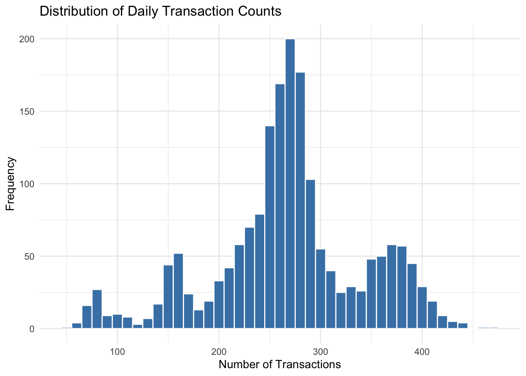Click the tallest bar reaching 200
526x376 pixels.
point(290,184)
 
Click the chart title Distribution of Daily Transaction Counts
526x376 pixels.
point(160,11)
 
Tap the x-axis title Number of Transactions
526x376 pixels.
point(280,365)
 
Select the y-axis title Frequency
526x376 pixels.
point(11,184)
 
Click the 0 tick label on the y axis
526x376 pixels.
point(32,329)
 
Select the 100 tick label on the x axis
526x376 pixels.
point(117,351)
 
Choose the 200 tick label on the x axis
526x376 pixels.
point(219,351)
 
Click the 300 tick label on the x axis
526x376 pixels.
point(321,351)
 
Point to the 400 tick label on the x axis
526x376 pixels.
point(422,351)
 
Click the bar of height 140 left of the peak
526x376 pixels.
point(270,227)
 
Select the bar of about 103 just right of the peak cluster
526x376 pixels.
point(310,255)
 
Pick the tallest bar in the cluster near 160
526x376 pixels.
point(178,292)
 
